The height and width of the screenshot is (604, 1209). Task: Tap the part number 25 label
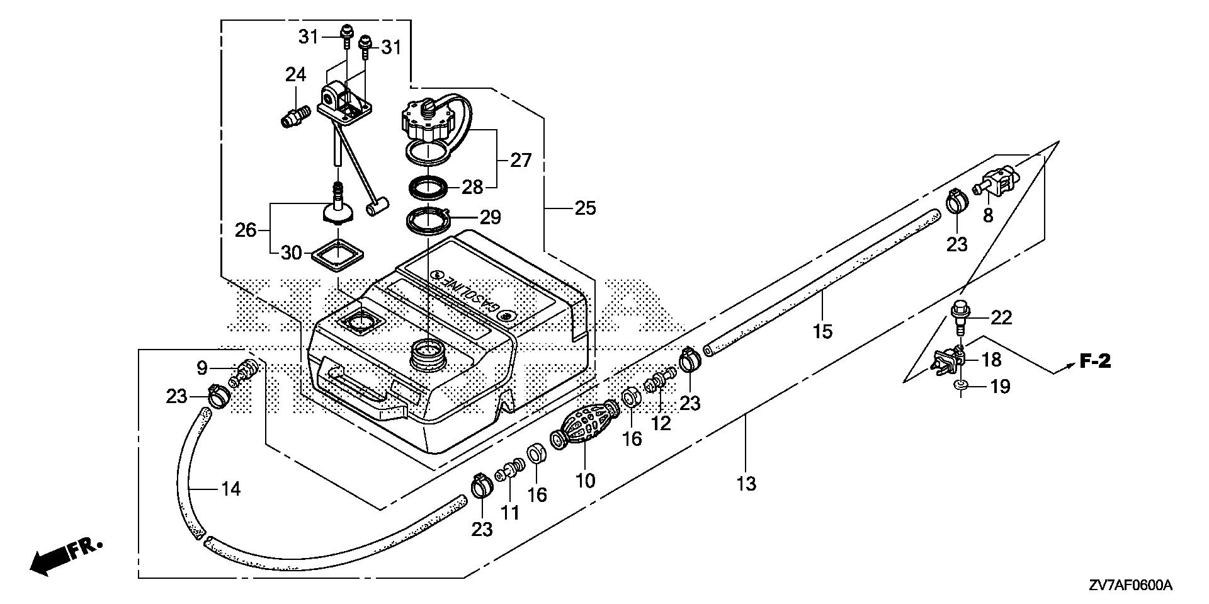[x=585, y=208]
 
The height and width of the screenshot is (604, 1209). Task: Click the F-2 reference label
[x=1096, y=362]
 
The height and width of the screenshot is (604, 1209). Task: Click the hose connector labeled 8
[x=997, y=180]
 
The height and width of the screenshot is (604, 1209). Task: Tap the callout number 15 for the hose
[x=822, y=331]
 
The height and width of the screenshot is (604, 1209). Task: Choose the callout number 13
[x=746, y=484]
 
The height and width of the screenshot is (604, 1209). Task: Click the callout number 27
[x=520, y=160]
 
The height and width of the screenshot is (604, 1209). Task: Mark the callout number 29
[x=490, y=218]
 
